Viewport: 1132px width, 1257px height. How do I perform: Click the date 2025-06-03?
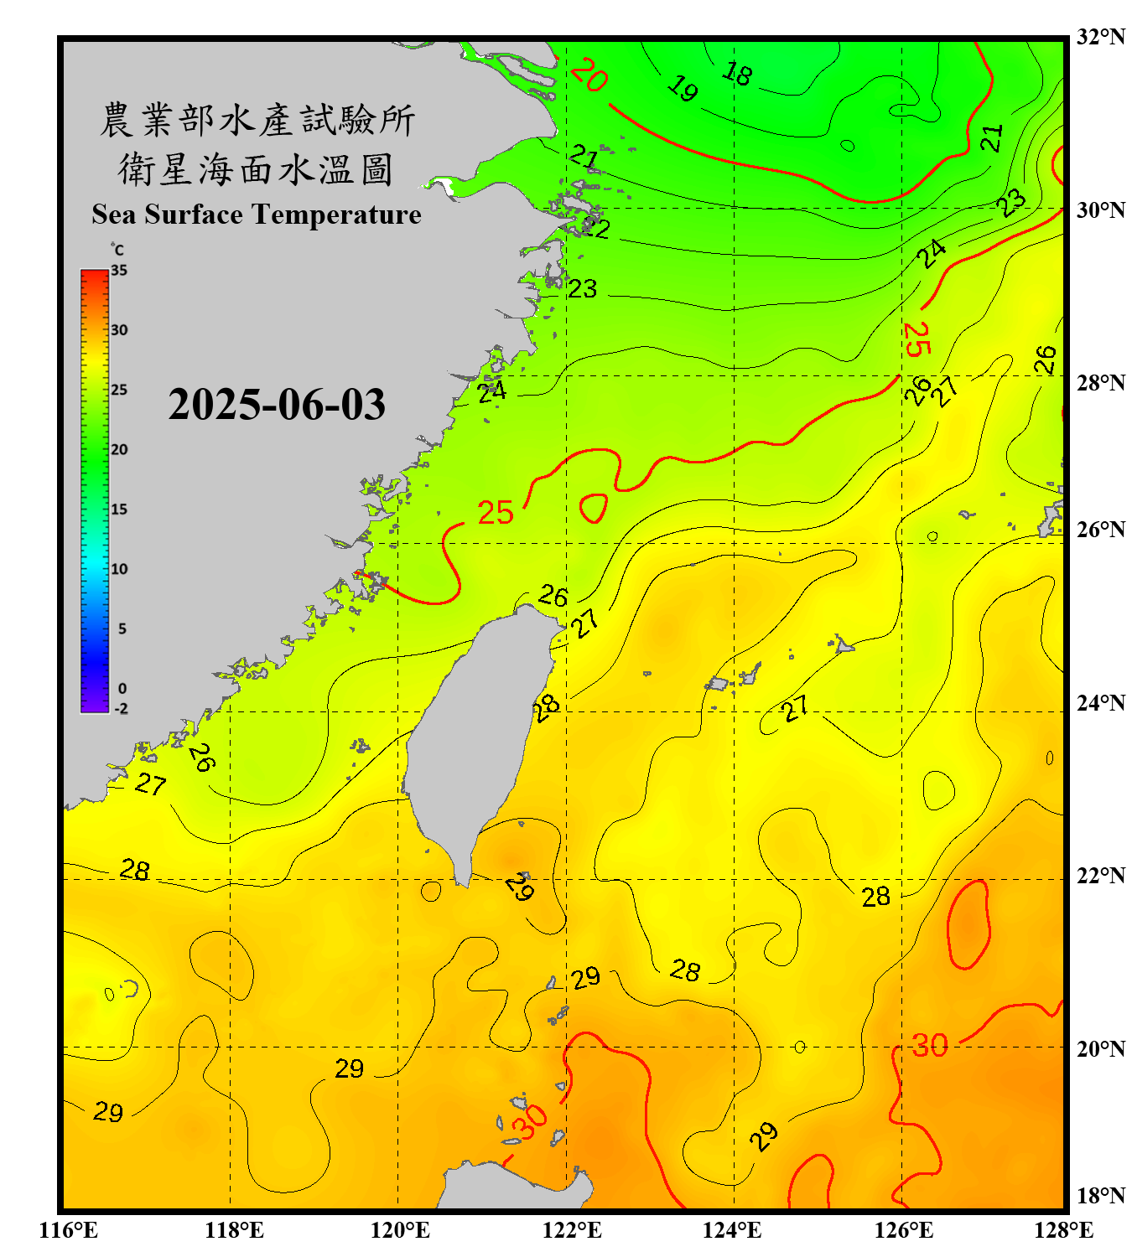pyautogui.click(x=277, y=405)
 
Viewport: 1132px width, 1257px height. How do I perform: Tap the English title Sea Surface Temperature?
pyautogui.click(x=257, y=215)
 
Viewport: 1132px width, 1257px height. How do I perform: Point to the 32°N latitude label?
pyautogui.click(x=1100, y=37)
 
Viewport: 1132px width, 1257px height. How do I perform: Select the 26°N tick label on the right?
pyautogui.click(x=1100, y=530)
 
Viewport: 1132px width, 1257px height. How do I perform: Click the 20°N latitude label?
pyautogui.click(x=1100, y=1048)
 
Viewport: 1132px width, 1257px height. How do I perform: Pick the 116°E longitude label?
pyautogui.click(x=69, y=1230)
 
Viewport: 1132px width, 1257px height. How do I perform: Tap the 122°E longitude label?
pyautogui.click(x=572, y=1230)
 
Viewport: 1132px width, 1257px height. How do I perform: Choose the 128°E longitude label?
pyautogui.click(x=1063, y=1230)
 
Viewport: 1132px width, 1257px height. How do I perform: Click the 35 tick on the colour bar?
pyautogui.click(x=119, y=271)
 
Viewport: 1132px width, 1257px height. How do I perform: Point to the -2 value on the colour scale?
pyautogui.click(x=121, y=709)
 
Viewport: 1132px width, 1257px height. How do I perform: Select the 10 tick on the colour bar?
pyautogui.click(x=119, y=569)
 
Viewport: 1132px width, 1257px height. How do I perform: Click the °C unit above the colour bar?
pyautogui.click(x=117, y=250)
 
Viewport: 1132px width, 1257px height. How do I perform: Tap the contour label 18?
pyautogui.click(x=737, y=75)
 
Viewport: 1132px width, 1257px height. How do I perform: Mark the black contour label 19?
pyautogui.click(x=683, y=88)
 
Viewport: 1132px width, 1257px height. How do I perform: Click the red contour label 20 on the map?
pyautogui.click(x=589, y=76)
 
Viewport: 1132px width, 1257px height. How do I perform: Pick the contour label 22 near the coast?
pyautogui.click(x=596, y=228)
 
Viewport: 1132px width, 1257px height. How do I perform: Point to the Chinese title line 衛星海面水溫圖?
pyautogui.click(x=256, y=169)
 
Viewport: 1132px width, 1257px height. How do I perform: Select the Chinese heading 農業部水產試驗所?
pyautogui.click(x=257, y=120)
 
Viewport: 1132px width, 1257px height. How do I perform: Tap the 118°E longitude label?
pyautogui.click(x=235, y=1230)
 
